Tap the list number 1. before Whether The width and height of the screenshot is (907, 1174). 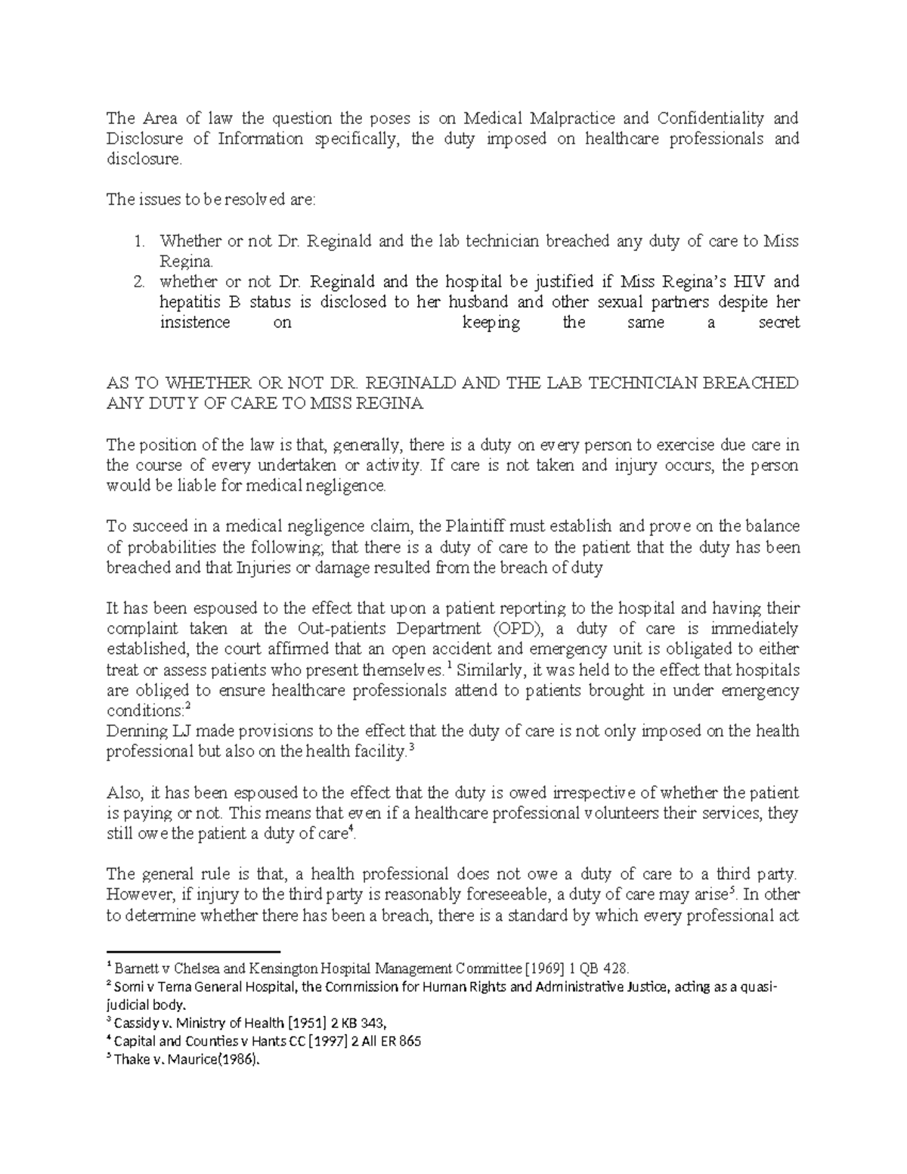(138, 241)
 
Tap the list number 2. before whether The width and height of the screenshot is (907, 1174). (138, 282)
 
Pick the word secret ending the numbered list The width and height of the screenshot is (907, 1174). (779, 323)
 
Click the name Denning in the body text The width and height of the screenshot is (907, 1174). (134, 732)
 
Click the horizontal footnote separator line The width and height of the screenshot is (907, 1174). (193, 951)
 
